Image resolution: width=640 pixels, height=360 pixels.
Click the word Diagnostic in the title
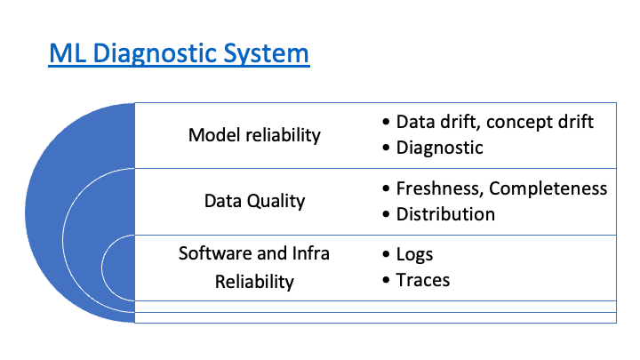[x=155, y=54]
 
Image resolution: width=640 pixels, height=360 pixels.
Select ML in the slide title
[x=68, y=53]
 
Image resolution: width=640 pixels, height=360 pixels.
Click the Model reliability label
[x=254, y=135]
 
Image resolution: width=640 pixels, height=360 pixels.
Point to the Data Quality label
[x=254, y=201]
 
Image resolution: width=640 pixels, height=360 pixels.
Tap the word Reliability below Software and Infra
[x=254, y=282]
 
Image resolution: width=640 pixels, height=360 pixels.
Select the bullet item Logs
[x=414, y=255]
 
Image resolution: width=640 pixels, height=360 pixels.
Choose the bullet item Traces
[x=423, y=280]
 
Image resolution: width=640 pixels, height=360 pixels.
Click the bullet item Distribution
[x=445, y=214]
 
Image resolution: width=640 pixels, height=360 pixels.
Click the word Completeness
[x=548, y=188]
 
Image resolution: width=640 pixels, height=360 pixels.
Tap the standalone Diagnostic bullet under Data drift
[x=440, y=148]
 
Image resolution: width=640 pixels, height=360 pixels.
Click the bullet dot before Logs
[x=386, y=255]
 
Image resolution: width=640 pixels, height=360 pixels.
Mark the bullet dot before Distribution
[x=386, y=215]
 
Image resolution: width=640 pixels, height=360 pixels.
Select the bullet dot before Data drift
[x=386, y=122]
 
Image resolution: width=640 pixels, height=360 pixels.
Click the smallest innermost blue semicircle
[x=118, y=268]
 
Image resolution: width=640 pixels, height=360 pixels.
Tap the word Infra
[x=310, y=253]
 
